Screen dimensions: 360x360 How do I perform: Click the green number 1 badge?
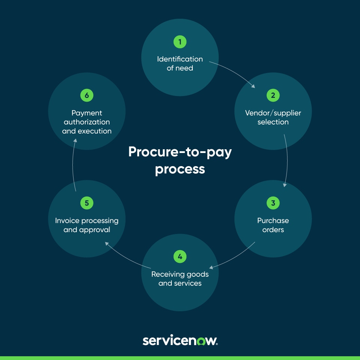point(180,42)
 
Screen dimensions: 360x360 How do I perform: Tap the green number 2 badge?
point(273,96)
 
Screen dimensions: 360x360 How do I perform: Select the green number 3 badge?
point(273,203)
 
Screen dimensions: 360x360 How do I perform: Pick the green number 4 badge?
point(180,257)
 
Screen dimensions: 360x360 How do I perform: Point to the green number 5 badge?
point(87,203)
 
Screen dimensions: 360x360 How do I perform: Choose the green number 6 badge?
point(87,96)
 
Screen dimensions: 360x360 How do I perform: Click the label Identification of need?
point(180,63)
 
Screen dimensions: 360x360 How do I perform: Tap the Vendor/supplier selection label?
point(273,117)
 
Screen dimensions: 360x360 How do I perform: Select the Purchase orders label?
point(273,225)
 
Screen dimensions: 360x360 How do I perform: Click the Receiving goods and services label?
point(180,279)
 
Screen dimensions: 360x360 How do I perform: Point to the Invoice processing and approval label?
point(87,225)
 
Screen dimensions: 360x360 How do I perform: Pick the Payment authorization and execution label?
point(87,122)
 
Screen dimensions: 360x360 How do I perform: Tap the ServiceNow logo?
point(180,341)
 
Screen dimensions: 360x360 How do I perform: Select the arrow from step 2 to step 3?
point(287,161)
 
